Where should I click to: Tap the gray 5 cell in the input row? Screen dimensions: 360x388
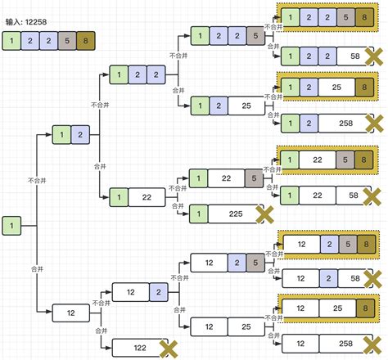coord(65,41)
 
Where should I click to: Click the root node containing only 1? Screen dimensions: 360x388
coord(13,224)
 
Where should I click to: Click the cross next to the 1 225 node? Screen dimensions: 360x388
coord(264,214)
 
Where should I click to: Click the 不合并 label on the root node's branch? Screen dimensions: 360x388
coord(36,180)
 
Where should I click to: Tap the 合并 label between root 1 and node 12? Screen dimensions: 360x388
coord(36,267)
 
